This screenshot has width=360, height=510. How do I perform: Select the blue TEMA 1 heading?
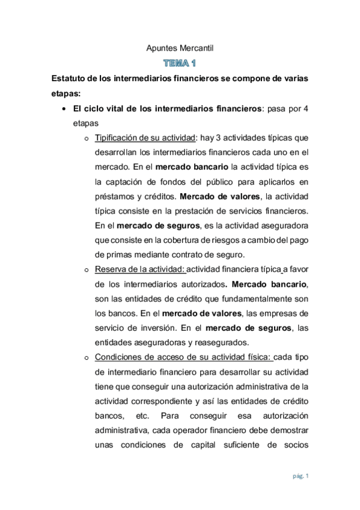pyautogui.click(x=180, y=63)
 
